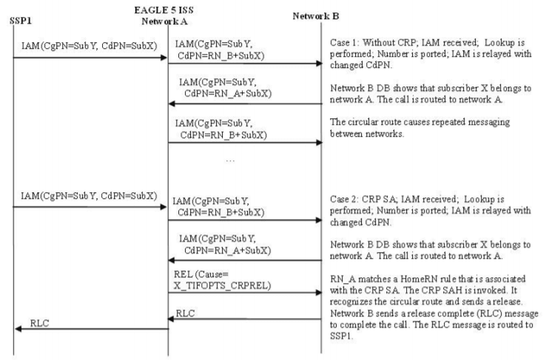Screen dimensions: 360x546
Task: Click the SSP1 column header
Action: (x=20, y=20)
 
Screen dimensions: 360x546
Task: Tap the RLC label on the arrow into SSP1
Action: (x=41, y=324)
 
